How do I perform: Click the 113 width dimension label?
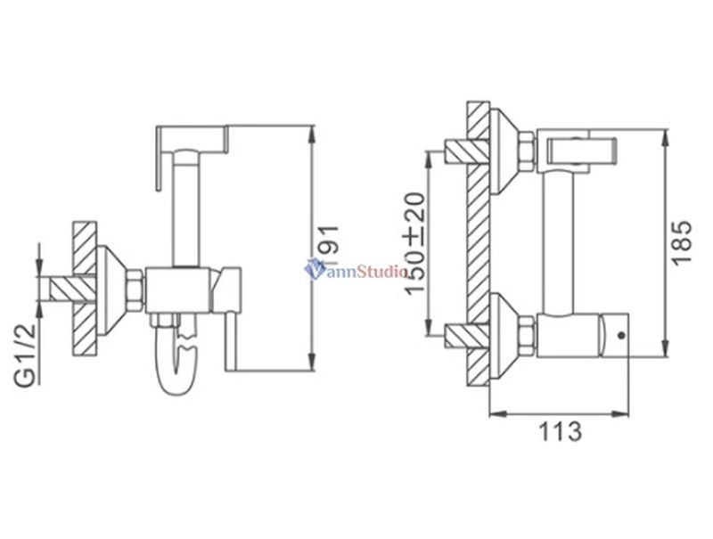(x=561, y=431)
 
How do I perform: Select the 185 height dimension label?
(x=682, y=242)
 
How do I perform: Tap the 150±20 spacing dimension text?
(x=414, y=243)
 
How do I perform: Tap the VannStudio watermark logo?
(x=356, y=270)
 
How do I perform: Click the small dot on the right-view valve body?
(x=621, y=336)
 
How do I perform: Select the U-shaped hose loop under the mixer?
(x=178, y=359)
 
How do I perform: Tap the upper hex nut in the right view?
(x=528, y=151)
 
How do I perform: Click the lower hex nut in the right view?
(x=528, y=337)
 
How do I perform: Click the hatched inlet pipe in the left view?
(x=73, y=289)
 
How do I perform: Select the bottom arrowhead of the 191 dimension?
(x=311, y=363)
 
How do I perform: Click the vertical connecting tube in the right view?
(x=559, y=243)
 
